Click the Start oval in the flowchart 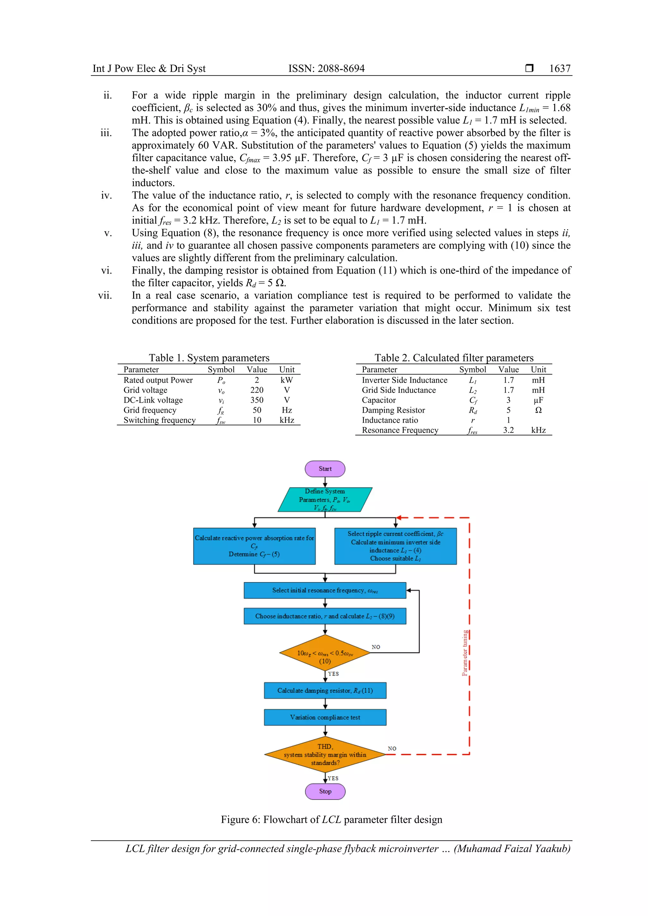coord(325,469)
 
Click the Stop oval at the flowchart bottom coord(325,791)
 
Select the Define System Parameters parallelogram coord(325,499)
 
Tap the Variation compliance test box coord(325,717)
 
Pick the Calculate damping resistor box coord(325,690)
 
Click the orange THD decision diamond coord(325,754)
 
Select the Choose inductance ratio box coord(325,616)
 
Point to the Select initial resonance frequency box coord(325,591)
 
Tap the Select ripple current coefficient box coord(396,546)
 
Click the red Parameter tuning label coord(465,653)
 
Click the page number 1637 coord(560,69)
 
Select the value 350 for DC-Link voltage coord(257,400)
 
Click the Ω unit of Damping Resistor coord(538,410)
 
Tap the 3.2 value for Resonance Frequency coord(508,430)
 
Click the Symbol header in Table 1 coord(221,369)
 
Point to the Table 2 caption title coord(454,358)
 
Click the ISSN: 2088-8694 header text coord(327,69)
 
